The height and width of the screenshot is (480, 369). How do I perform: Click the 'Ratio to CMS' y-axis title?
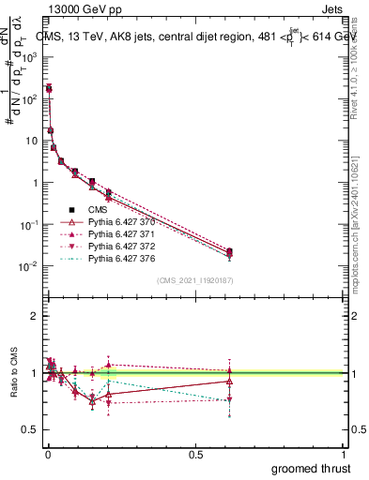15,373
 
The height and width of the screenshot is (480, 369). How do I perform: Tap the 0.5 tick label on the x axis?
195,453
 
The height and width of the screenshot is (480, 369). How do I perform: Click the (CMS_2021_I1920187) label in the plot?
195,280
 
